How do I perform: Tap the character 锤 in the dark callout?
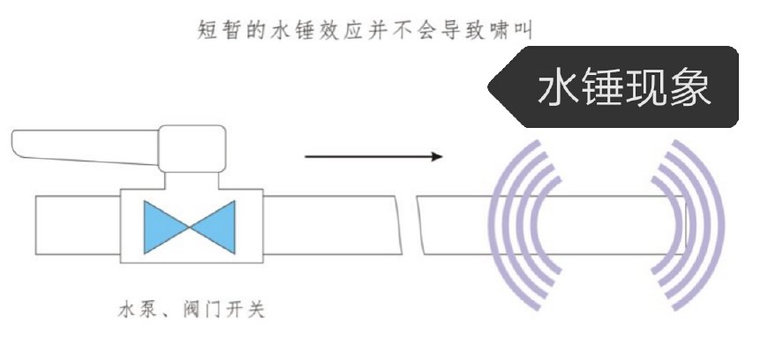point(607,89)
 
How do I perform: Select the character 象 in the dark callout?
point(697,89)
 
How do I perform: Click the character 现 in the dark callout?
point(652,89)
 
